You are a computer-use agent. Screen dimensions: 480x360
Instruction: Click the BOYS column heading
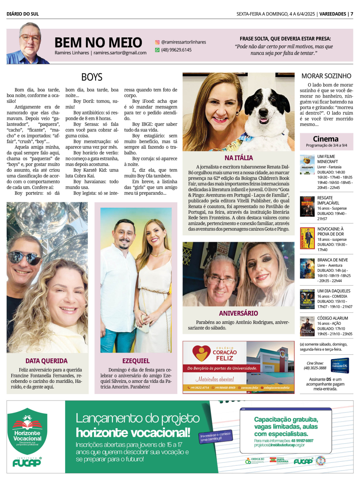[x=92, y=77]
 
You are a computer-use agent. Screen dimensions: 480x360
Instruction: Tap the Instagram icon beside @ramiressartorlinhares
[x=157, y=42]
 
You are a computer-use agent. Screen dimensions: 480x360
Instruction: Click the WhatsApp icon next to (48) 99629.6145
[x=157, y=50]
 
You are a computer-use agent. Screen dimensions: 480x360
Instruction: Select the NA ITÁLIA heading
[x=239, y=158]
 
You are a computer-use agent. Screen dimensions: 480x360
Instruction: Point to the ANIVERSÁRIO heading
[x=238, y=313]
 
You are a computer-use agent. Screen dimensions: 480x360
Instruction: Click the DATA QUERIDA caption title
[x=46, y=361]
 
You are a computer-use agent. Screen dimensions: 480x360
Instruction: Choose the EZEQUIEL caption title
[x=136, y=361]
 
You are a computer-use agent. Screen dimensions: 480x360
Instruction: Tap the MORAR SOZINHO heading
[x=326, y=76]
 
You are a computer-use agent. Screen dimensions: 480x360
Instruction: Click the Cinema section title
[x=325, y=139]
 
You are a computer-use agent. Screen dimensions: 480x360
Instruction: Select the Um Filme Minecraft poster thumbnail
[x=307, y=164]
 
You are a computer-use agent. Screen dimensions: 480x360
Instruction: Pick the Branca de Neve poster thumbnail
[x=307, y=268]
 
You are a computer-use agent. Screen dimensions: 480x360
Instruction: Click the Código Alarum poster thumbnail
[x=307, y=326]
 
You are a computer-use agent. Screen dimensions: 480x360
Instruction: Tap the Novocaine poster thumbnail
[x=307, y=238]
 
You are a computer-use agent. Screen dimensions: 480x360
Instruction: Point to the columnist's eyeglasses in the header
[x=30, y=37]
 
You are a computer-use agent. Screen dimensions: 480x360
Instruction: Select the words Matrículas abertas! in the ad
[x=215, y=379]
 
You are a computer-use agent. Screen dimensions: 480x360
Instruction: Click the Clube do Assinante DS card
[x=339, y=366]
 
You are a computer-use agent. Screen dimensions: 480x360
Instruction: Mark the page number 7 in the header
[x=352, y=14]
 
